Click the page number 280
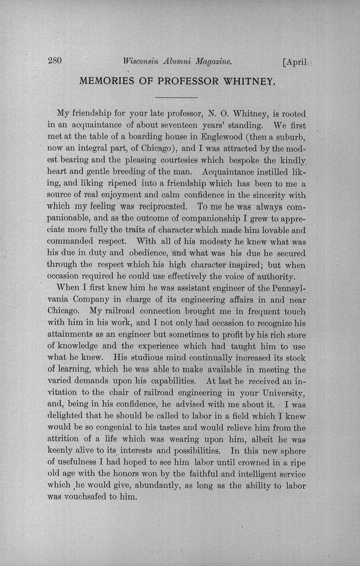click(x=55, y=61)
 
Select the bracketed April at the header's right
click(x=295, y=62)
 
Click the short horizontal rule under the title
click(x=177, y=98)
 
